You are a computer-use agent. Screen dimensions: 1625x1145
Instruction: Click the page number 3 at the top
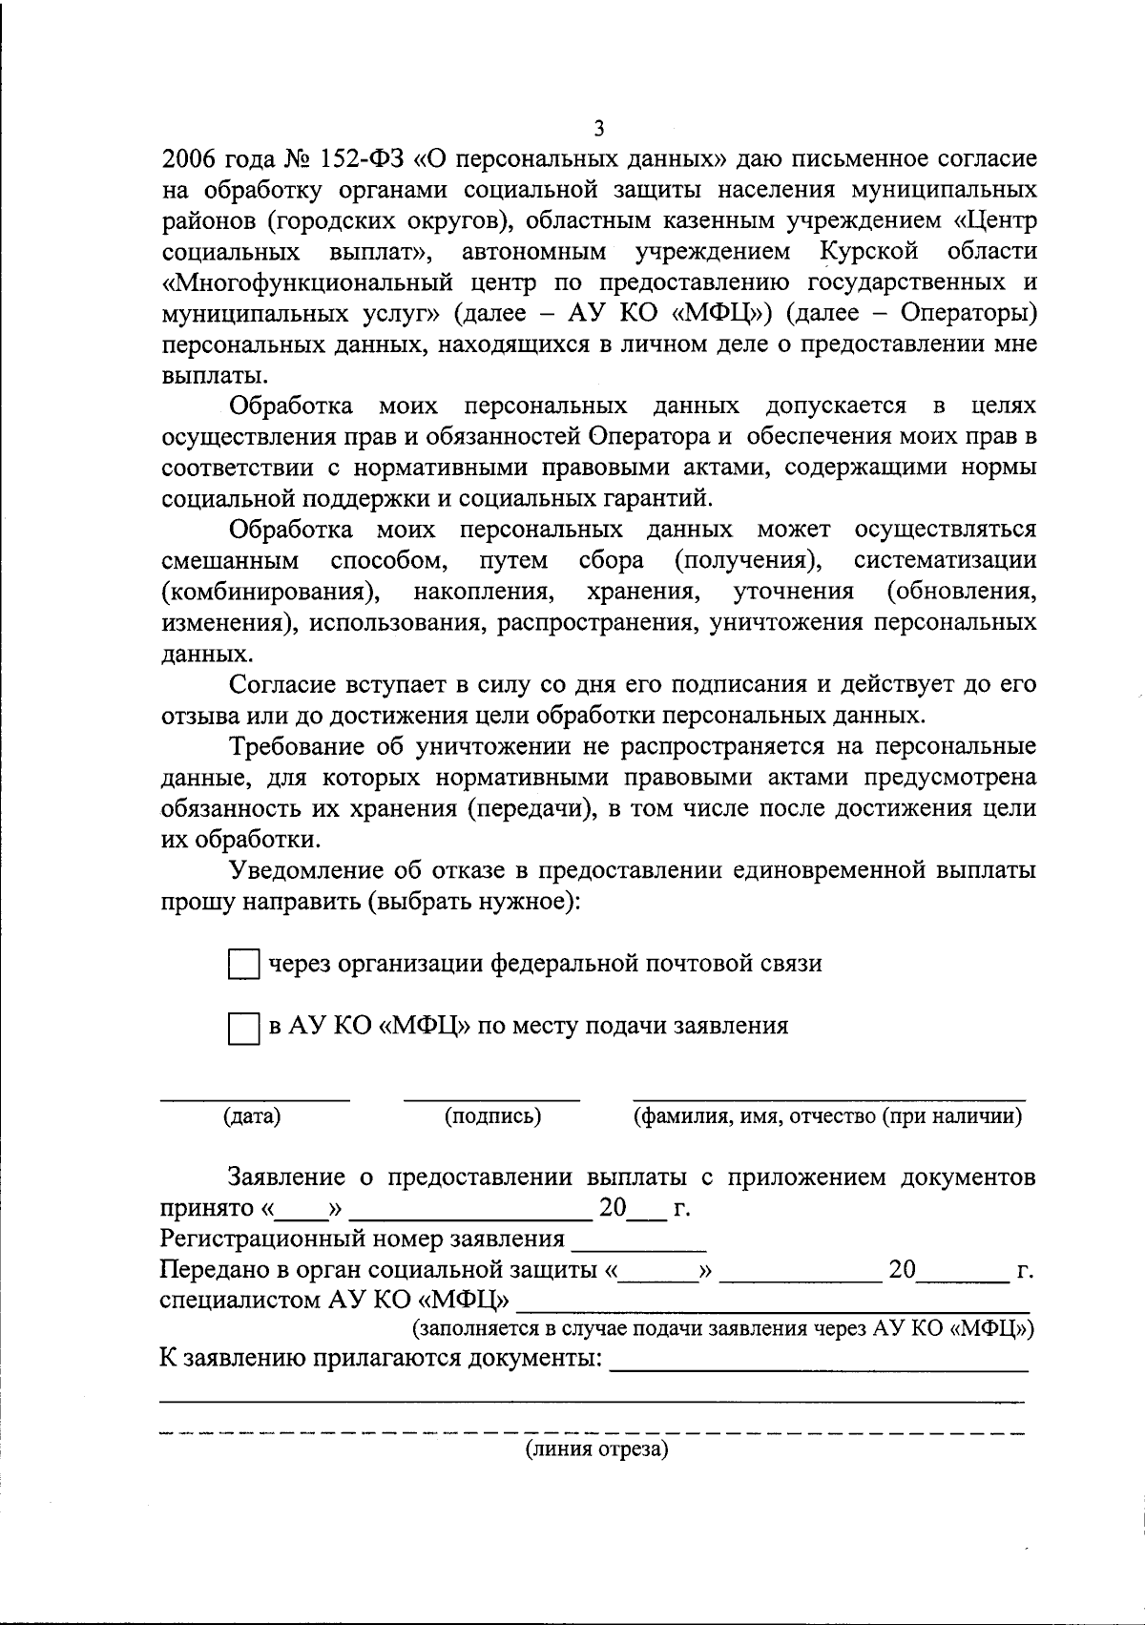coord(598,128)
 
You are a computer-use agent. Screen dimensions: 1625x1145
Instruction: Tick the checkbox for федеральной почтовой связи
coord(243,965)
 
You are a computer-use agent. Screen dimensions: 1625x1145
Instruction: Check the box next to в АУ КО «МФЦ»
coord(243,1029)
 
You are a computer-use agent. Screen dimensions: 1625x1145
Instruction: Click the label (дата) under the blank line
coord(252,1116)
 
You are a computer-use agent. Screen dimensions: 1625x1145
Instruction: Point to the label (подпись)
coord(492,1116)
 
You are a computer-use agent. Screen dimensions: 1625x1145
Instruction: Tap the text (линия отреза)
coord(595,1450)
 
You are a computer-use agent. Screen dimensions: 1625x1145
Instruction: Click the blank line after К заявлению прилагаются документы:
coord(819,1368)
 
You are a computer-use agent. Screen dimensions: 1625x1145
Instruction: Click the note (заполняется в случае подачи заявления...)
coord(723,1329)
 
